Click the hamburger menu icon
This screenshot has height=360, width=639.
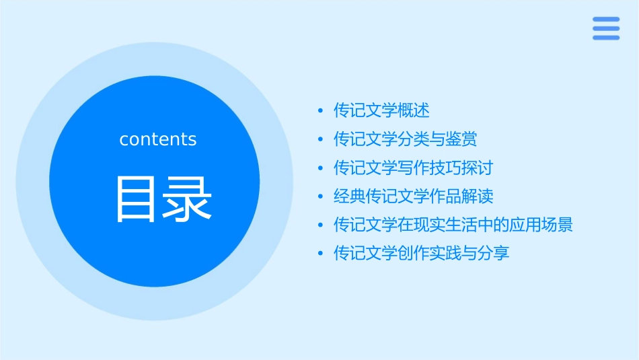[x=605, y=28]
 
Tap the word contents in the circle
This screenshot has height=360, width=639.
[x=158, y=139]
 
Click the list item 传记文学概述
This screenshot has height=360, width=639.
[x=381, y=110]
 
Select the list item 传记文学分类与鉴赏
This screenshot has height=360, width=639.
[x=406, y=139]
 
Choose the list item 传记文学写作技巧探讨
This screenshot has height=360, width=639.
[x=414, y=168]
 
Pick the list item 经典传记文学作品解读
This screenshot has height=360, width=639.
[x=414, y=196]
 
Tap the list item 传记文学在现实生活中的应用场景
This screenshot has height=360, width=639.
[x=453, y=225]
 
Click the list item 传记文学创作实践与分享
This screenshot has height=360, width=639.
[x=422, y=254]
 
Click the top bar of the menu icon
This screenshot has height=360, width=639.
[x=605, y=20]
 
